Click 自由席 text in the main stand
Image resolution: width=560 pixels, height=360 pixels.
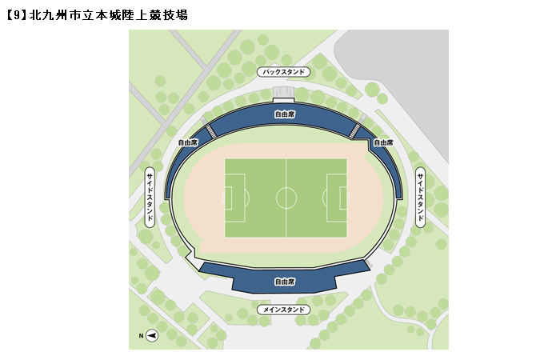point(285,282)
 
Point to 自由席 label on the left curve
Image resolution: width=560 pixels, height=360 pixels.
point(187,142)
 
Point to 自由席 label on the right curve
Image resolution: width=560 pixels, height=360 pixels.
point(384,142)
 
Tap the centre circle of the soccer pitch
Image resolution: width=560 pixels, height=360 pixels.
point(286,198)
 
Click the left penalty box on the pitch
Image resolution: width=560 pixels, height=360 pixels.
point(233,198)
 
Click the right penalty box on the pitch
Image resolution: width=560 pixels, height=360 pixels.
point(339,198)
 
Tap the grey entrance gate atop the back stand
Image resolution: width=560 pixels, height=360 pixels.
point(284,94)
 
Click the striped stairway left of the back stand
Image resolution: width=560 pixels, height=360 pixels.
point(211,130)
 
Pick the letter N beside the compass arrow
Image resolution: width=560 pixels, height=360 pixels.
point(141,335)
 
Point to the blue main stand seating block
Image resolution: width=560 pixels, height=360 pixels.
point(285,276)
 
